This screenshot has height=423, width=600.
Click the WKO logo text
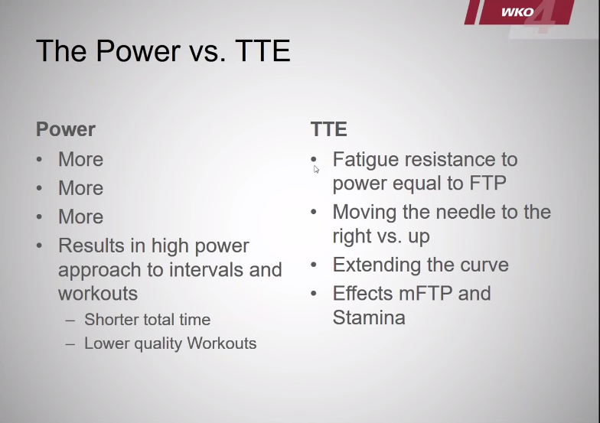517,12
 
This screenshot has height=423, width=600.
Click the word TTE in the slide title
263,50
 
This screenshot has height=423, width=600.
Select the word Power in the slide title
138,50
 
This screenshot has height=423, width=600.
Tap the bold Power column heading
66,129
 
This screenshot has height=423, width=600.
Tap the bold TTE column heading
329,129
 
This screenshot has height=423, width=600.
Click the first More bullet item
81,159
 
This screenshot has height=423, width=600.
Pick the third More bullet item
81,217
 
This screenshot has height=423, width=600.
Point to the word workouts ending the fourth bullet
98,294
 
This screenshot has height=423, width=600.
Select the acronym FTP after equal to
487,184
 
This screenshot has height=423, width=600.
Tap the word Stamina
369,317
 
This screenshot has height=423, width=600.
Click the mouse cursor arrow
316,170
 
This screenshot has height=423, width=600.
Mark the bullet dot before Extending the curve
314,265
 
